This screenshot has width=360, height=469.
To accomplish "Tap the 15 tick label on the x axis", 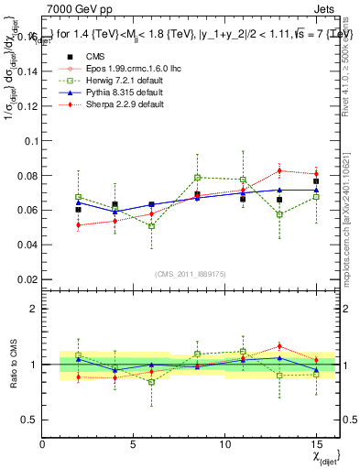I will (x=316, y=444).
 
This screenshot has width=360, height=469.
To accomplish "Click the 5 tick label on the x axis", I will (x=134, y=444).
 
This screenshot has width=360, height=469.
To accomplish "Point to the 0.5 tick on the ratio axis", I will (x=30, y=420).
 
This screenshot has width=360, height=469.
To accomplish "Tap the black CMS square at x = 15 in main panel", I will (x=316, y=181).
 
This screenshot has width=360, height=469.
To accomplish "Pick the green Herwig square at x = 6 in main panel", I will (x=151, y=225).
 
